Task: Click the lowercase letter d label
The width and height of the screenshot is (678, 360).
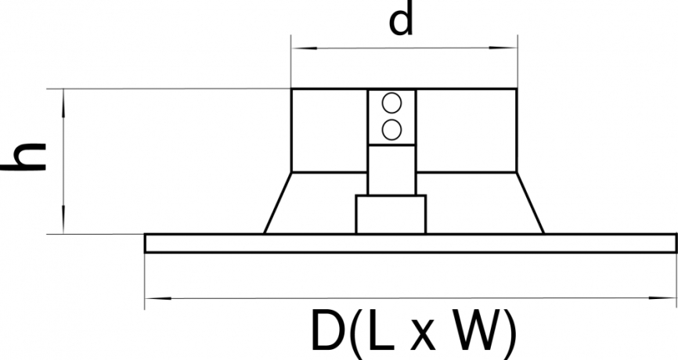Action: tap(402, 18)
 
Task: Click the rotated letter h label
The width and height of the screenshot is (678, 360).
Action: tap(23, 157)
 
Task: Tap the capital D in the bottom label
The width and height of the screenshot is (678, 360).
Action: tap(329, 330)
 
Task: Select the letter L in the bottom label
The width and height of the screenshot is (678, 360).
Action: tap(382, 330)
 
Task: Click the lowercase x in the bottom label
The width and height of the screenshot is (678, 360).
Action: tap(423, 336)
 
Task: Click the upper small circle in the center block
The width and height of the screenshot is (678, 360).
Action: tap(391, 103)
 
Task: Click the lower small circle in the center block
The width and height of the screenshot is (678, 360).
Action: tap(391, 130)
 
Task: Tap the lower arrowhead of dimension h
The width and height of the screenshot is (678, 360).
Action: tap(63, 220)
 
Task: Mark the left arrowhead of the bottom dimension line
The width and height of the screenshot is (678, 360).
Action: tap(158, 298)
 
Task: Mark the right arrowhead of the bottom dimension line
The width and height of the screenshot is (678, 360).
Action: tap(662, 297)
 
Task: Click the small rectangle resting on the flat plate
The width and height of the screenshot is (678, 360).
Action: tap(391, 214)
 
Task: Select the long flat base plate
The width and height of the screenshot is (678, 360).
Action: tap(411, 243)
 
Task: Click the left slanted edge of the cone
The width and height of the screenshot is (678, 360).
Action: tap(278, 203)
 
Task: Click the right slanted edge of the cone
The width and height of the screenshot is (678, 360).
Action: tap(530, 203)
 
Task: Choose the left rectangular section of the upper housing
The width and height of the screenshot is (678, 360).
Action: tap(330, 131)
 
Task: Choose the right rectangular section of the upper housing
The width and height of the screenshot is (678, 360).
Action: tap(467, 131)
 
